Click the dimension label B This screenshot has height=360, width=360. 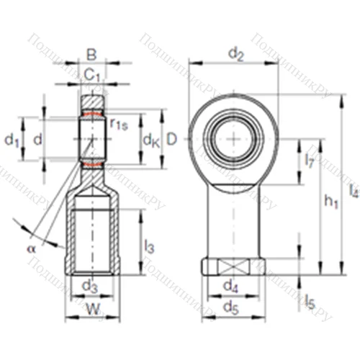(91, 54)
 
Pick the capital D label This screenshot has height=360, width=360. (171, 138)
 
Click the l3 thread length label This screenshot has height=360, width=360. (149, 247)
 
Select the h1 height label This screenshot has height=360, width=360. (330, 204)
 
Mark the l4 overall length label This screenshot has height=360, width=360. (352, 191)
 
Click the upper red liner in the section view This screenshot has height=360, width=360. (92, 113)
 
